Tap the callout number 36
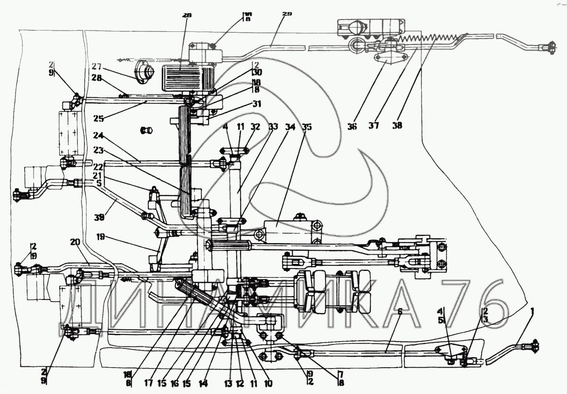tap(351, 126)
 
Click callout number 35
tap(307, 127)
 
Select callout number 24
tap(97, 135)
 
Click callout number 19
tap(101, 237)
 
